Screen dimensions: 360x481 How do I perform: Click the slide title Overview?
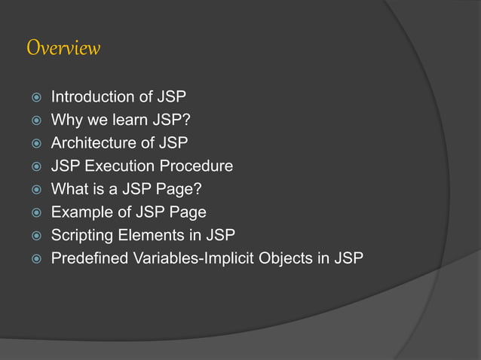(x=63, y=48)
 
